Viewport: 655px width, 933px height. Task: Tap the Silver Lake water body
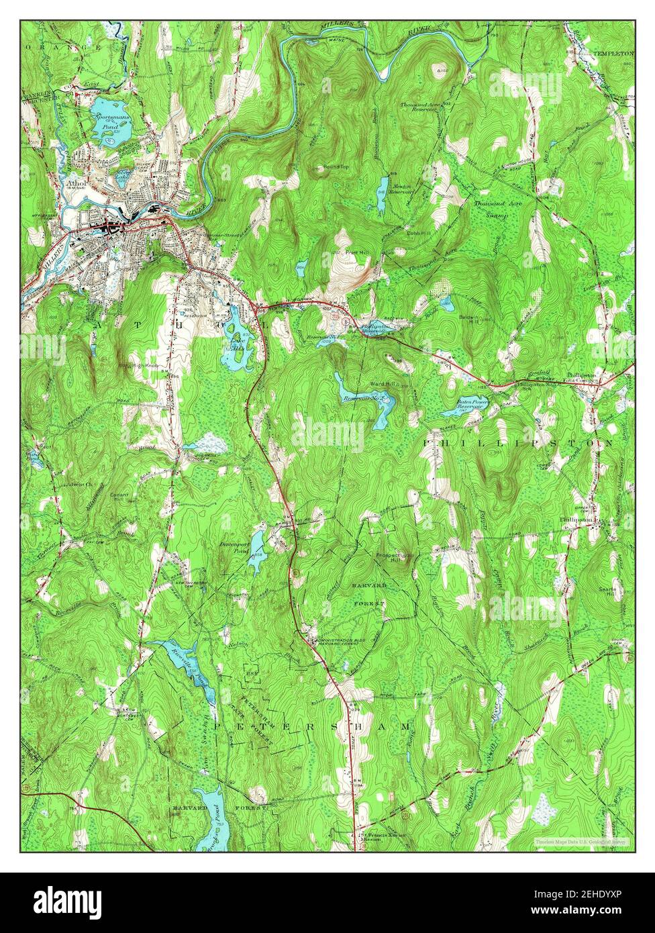[123, 179]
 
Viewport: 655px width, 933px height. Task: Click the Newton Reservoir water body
[382, 186]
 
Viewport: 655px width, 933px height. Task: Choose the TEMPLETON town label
[613, 52]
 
